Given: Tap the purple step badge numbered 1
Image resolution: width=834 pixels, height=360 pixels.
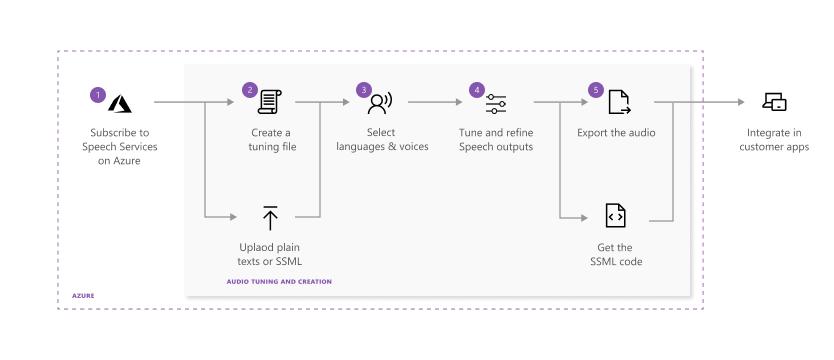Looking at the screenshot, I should (x=97, y=94).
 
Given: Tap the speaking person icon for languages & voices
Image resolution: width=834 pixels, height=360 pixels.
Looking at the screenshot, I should (x=381, y=102).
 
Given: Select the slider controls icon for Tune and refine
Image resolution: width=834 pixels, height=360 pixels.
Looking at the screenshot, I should (x=496, y=102).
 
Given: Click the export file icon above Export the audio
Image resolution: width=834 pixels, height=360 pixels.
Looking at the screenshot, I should (x=618, y=102).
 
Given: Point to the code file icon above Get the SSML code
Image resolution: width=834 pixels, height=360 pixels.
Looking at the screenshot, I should (x=616, y=216).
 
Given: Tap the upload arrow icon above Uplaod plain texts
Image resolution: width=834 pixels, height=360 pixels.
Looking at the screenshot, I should (x=270, y=216).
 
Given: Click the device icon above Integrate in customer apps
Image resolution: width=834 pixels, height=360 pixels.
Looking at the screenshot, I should (x=774, y=102).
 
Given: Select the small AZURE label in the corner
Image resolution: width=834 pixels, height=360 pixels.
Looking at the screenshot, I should (x=84, y=296).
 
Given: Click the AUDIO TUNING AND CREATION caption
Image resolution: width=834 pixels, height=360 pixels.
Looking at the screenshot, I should (x=279, y=282).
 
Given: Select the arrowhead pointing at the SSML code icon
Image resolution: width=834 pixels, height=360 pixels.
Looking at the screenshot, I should (x=587, y=216).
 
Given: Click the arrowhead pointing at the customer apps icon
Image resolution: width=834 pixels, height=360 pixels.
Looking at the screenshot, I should (x=742, y=102).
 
